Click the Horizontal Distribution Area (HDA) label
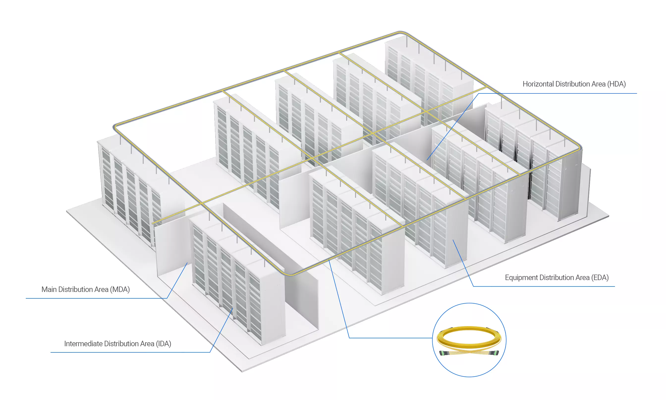574,84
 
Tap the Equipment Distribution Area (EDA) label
557,278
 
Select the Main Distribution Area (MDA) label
86,289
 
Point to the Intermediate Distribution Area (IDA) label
118,344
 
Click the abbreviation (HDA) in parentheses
616,84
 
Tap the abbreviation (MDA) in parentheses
120,289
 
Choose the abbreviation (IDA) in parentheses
163,344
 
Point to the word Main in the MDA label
49,289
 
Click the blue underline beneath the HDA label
558,93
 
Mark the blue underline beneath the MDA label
96,298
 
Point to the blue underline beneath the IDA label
130,352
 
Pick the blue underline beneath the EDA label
544,286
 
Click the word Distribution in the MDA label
83,289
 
